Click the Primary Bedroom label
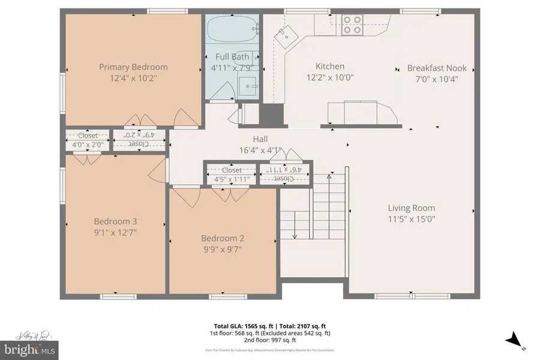point(133,67)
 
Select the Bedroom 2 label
point(222,238)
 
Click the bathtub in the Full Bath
point(233,28)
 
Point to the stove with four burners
point(352,25)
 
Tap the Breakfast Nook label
point(436,68)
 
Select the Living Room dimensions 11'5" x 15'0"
point(411,219)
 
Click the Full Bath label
point(232,57)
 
